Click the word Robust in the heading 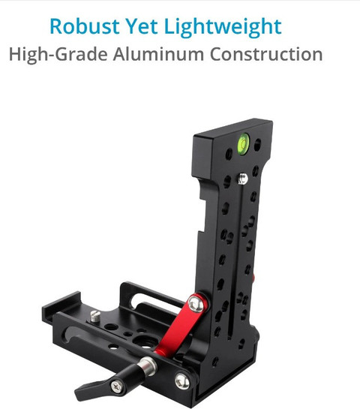click(x=85, y=26)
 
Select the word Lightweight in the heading click(x=223, y=27)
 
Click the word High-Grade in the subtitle click(x=58, y=55)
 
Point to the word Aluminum click(x=158, y=54)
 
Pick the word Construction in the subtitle click(x=266, y=54)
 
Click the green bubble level click(x=244, y=144)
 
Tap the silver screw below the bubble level click(x=242, y=179)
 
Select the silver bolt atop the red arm click(x=196, y=303)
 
